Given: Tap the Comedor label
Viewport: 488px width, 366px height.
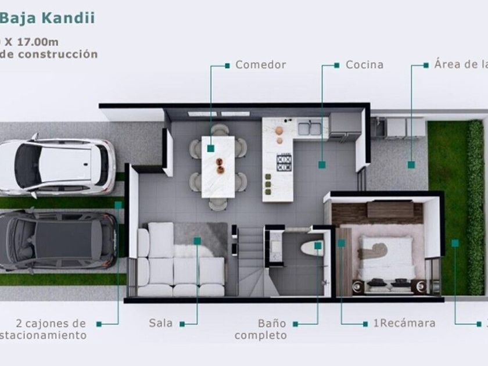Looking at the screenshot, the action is pos(260,64).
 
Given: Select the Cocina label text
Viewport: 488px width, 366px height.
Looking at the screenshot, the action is pos(364,64).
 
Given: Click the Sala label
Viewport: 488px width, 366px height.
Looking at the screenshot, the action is pos(161,323).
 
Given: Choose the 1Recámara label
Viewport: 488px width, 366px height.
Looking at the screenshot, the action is pos(404,323).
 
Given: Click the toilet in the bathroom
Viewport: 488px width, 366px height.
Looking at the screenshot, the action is pos(311,248).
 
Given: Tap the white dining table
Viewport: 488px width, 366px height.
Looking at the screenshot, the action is pos(218,166).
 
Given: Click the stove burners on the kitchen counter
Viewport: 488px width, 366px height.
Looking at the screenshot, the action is pos(284,162).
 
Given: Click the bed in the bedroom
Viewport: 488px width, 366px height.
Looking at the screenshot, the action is pos(385,259).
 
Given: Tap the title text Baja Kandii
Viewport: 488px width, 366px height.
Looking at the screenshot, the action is pos(48,18).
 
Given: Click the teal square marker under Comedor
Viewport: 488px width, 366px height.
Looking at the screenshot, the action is pos(210,149).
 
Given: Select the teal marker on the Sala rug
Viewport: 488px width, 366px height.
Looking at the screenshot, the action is pos(197,240).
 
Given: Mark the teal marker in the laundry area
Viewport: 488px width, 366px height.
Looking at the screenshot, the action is pos(411,165).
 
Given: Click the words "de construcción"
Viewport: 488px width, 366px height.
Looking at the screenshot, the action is pos(49,54).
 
